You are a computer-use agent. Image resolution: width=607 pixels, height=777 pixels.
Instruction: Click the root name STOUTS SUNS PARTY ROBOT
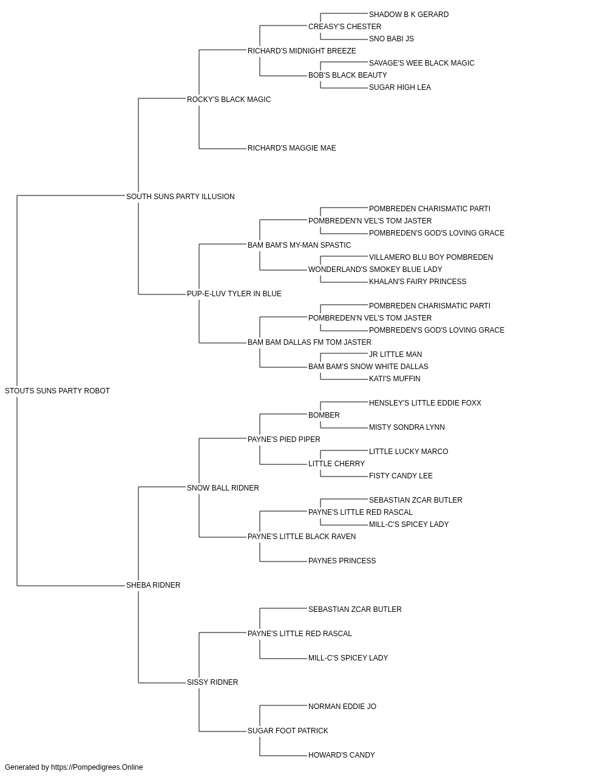point(57,391)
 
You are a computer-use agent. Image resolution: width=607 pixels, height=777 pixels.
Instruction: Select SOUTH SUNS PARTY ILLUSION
point(180,197)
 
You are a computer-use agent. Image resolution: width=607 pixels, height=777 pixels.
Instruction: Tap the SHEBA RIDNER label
point(154,585)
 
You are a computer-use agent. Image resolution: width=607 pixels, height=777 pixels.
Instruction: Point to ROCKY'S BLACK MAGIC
point(229,100)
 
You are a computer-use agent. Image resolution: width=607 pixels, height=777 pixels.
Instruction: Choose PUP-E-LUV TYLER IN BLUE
point(234,294)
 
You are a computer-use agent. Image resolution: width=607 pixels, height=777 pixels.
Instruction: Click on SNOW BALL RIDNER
point(223,488)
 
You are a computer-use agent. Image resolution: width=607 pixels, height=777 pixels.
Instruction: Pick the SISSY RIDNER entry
point(212,682)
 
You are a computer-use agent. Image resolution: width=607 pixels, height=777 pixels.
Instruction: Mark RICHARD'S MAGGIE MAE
point(292,148)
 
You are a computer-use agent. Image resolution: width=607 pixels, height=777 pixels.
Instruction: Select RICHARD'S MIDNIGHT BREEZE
point(302,51)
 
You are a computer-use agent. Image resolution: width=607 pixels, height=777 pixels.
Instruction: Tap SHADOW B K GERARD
point(409,15)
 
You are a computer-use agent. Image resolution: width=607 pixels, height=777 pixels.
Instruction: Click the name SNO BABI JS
point(391,39)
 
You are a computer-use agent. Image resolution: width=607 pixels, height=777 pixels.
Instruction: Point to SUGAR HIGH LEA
point(399,87)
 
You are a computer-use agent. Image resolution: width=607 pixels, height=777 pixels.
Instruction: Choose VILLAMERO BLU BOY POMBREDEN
point(431,257)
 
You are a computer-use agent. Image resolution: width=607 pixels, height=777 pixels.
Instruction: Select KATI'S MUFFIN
point(395,379)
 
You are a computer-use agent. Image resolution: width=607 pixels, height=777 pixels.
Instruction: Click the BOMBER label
point(324,415)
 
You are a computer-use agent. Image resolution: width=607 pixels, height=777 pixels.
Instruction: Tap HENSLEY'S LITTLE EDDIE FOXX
point(425,403)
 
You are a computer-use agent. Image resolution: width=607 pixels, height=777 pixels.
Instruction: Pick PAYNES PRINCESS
point(342,561)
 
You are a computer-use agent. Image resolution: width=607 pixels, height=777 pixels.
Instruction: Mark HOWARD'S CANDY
point(341,755)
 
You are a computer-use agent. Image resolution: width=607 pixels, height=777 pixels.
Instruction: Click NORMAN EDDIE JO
point(342,707)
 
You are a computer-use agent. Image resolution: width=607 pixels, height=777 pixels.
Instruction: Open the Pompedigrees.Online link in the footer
point(97,767)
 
